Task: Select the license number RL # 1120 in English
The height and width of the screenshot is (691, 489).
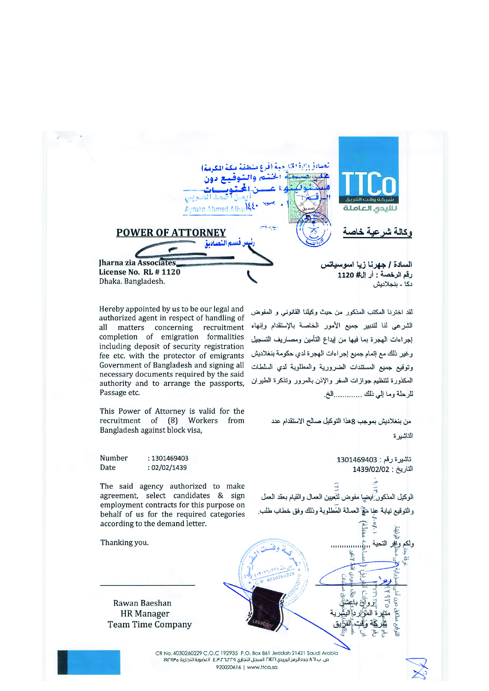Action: tap(162, 272)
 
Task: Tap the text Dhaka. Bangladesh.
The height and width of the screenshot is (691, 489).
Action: tap(132, 281)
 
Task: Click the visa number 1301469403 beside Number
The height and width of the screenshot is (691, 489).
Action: tap(170, 458)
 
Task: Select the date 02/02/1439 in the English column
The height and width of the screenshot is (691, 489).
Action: tap(169, 467)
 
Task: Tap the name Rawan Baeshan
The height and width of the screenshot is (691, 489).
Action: tap(142, 603)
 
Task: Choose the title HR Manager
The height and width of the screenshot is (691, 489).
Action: tap(145, 613)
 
